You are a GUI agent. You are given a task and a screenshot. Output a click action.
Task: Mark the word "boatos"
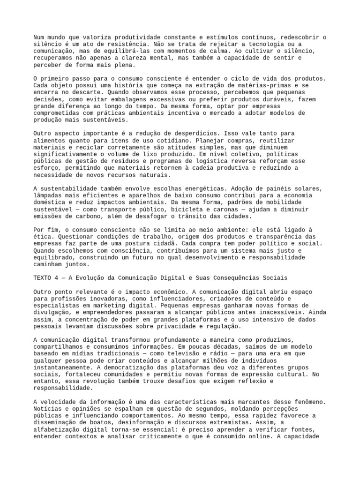(x=96, y=421)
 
